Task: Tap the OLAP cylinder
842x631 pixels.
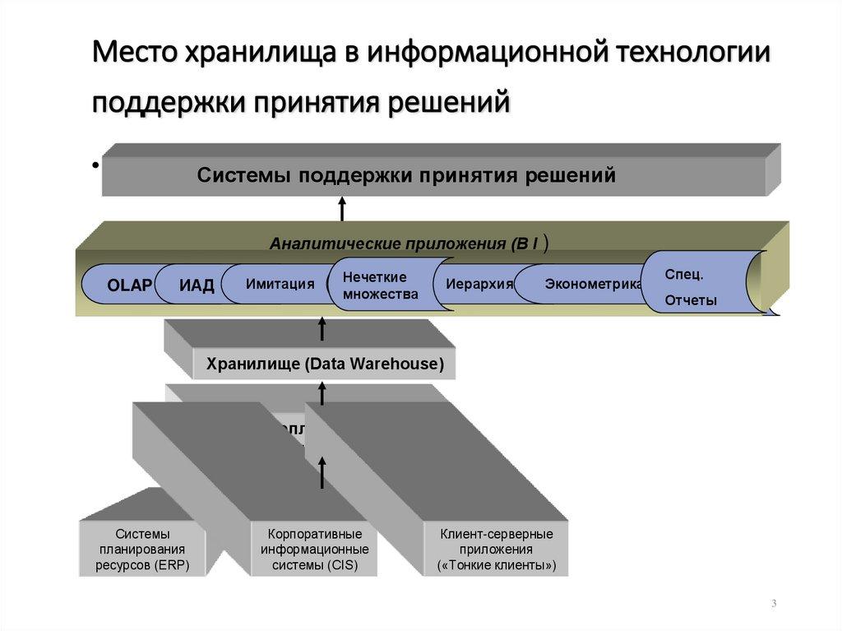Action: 129,285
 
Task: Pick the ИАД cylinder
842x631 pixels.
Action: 197,285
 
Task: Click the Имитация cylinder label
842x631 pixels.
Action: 280,284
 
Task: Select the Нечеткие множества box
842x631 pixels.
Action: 381,285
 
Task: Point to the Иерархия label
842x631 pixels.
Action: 479,285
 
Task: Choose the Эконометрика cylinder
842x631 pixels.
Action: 592,285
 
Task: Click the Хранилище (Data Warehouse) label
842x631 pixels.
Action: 324,364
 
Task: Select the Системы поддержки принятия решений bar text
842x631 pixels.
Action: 406,175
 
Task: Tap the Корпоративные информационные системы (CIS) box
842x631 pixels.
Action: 315,550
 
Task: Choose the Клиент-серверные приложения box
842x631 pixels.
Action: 496,550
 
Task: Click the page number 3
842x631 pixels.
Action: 774,605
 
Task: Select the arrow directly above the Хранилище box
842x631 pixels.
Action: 322,330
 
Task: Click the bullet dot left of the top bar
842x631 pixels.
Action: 95,165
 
